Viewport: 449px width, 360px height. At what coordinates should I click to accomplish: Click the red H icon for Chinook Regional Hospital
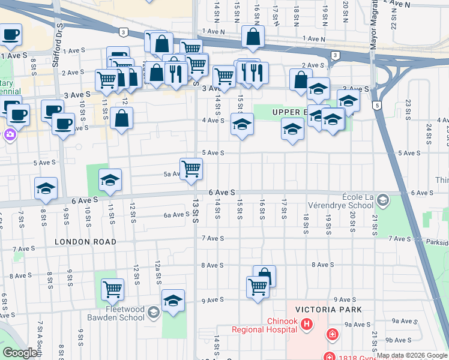pos(307,325)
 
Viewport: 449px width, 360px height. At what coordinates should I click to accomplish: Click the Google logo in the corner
pos(20,353)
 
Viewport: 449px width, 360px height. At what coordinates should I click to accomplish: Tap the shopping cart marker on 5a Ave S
pos(191,169)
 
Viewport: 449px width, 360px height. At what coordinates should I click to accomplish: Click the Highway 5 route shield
pos(376,106)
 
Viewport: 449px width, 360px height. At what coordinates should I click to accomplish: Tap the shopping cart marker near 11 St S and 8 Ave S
pos(112,289)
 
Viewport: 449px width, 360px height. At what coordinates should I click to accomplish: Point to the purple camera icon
pos(10,134)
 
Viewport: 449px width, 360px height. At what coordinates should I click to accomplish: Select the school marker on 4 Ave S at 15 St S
pos(242,124)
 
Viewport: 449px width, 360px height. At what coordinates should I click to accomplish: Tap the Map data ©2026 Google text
pos(412,355)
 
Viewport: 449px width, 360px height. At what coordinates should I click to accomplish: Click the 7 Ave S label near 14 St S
pos(212,238)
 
